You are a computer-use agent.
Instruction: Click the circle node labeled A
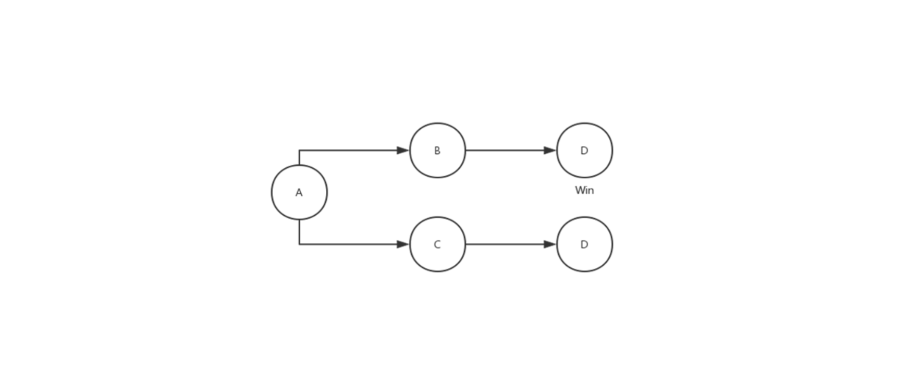tap(299, 192)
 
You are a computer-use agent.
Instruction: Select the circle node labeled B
tap(437, 151)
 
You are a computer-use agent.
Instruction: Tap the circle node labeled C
tap(437, 244)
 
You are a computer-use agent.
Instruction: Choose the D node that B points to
tap(584, 151)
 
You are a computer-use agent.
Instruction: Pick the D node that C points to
tap(584, 244)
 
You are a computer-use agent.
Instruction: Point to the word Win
tap(584, 190)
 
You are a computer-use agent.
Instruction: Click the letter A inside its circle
tap(299, 193)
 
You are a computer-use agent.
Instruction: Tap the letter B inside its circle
tap(437, 151)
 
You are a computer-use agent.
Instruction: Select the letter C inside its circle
tap(437, 244)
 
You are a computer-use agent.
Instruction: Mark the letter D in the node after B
tap(584, 151)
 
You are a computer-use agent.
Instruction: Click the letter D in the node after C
tap(584, 244)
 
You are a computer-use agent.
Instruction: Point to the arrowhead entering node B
tap(403, 151)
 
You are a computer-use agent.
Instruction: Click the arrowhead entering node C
tap(403, 244)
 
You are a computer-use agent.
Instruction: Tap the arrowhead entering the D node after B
tap(550, 151)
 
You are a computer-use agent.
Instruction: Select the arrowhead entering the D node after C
tap(550, 244)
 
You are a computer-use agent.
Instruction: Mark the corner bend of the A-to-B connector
tap(299, 151)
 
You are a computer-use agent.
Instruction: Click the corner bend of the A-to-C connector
tap(299, 244)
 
